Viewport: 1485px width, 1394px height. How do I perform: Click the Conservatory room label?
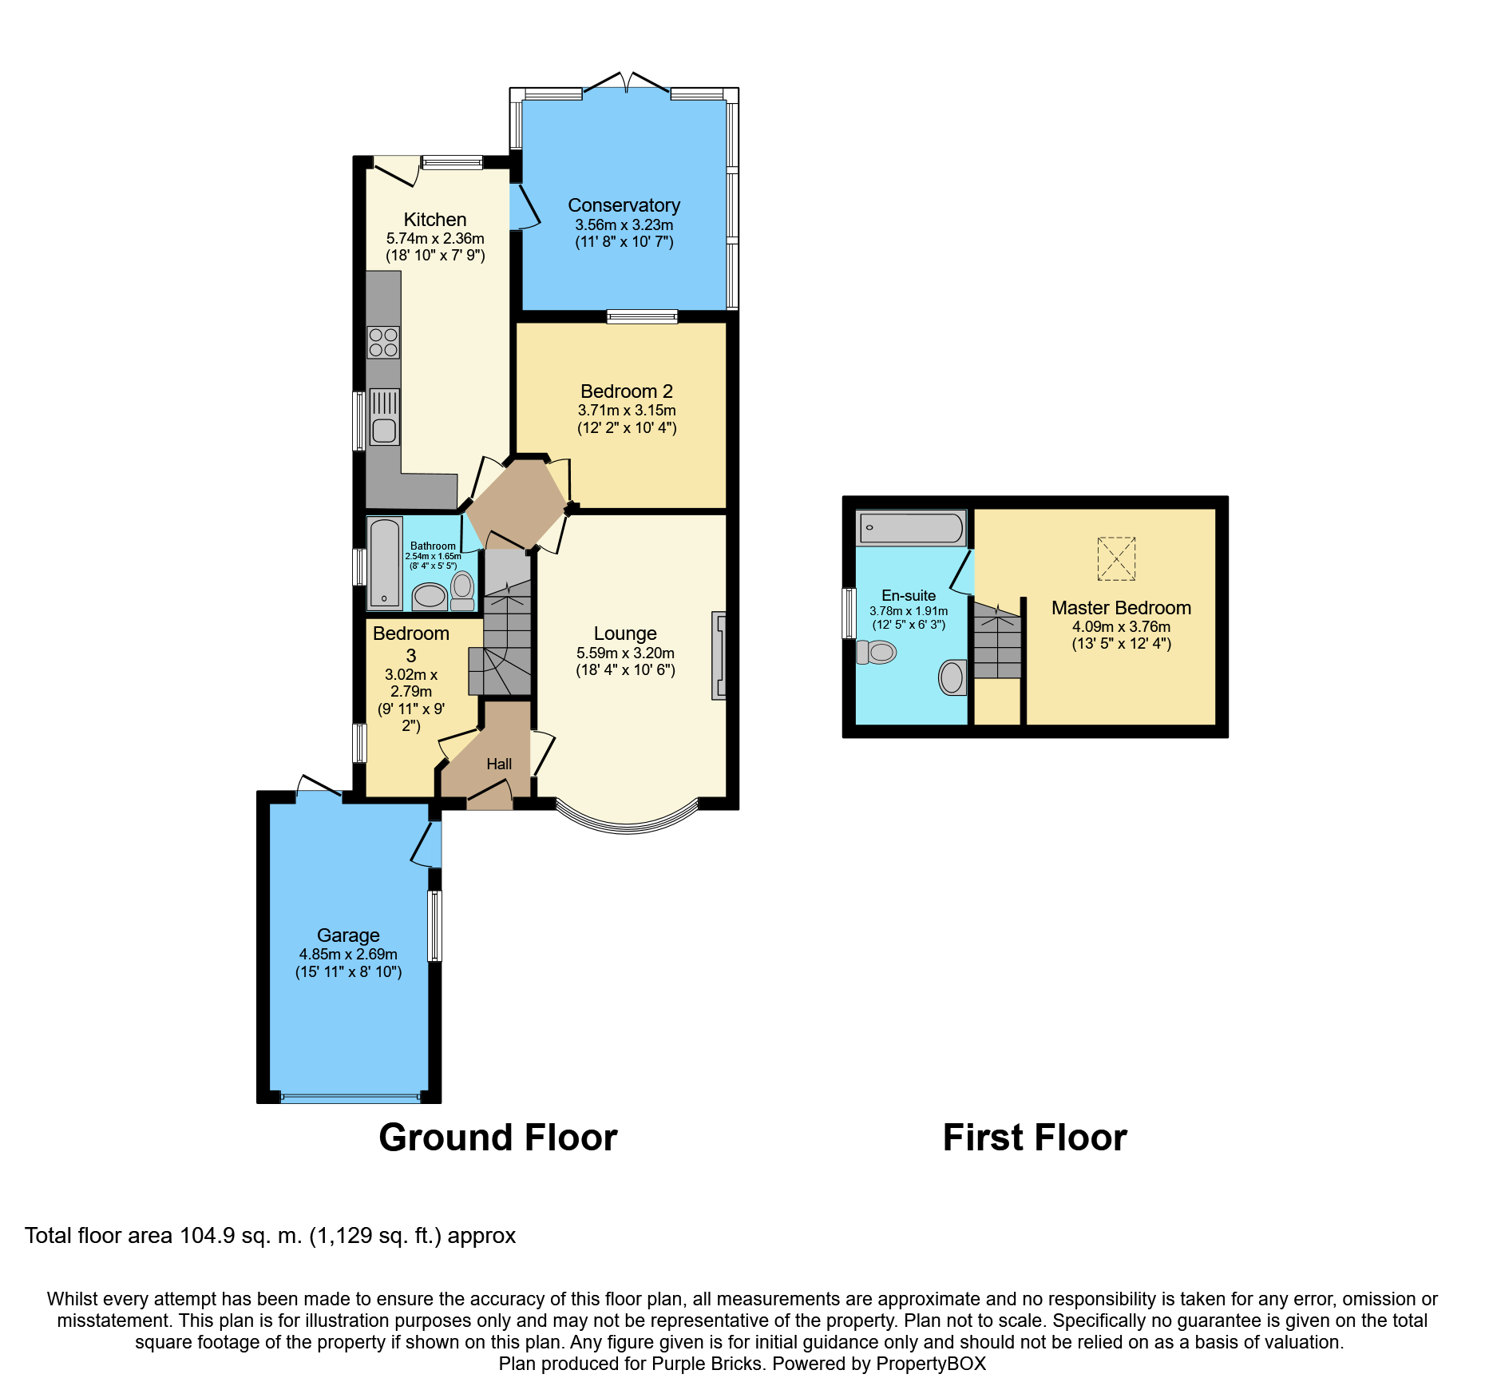pos(624,205)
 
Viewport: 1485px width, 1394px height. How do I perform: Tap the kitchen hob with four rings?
pos(383,343)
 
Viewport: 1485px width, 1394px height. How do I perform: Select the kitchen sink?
pos(384,416)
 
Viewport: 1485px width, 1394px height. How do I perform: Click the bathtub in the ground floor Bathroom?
pos(385,563)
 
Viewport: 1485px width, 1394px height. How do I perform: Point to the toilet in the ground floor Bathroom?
pos(462,591)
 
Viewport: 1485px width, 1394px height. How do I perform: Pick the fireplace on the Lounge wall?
pos(719,656)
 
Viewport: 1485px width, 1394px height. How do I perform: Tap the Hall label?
pos(499,765)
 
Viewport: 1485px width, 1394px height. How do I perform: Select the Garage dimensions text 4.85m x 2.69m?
pos(348,954)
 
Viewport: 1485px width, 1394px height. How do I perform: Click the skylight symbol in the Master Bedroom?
pos(1116,558)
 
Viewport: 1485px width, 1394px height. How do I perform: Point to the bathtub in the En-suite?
pos(911,528)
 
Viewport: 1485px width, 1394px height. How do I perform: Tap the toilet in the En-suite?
pos(876,652)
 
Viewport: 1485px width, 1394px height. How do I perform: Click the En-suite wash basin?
pos(952,677)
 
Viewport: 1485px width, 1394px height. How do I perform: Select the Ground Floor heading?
pos(498,1138)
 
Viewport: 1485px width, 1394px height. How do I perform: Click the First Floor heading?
pos(1035,1138)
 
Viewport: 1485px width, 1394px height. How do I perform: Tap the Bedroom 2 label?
pos(627,391)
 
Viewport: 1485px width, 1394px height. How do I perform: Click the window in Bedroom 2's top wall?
pos(642,316)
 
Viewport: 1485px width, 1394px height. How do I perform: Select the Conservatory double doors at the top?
pos(627,83)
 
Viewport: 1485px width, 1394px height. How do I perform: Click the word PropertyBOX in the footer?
pos(931,1364)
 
